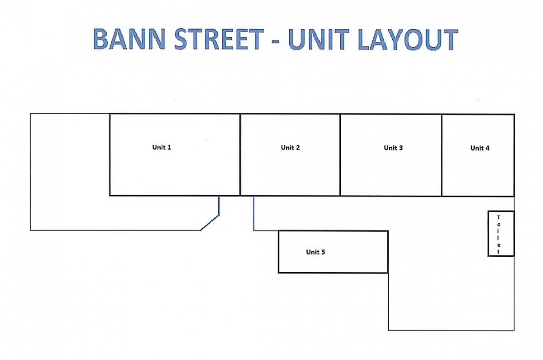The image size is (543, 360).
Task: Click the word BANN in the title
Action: click(129, 39)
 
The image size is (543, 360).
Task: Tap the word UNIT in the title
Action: click(319, 39)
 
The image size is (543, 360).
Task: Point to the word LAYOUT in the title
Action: click(408, 39)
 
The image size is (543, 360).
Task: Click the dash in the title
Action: click(276, 42)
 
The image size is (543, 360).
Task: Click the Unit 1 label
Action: click(162, 147)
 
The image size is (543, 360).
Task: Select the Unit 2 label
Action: click(291, 148)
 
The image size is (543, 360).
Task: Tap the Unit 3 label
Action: click(393, 148)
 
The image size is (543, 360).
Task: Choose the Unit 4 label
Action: click(480, 148)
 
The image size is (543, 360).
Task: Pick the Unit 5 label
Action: click(315, 252)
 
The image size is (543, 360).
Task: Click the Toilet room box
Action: click(501, 234)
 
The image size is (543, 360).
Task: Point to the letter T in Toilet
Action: click(498, 217)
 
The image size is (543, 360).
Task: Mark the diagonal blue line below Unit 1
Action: click(210, 223)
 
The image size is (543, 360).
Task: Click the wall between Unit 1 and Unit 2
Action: click(240, 155)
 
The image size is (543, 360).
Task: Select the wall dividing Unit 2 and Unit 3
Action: click(340, 155)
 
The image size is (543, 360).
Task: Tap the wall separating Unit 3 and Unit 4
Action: click(442, 155)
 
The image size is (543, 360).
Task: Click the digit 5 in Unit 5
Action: click(323, 252)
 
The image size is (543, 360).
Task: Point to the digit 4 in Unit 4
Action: click(487, 148)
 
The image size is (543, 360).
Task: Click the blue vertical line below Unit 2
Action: click(253, 213)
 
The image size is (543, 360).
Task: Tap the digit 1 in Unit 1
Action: click(169, 147)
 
